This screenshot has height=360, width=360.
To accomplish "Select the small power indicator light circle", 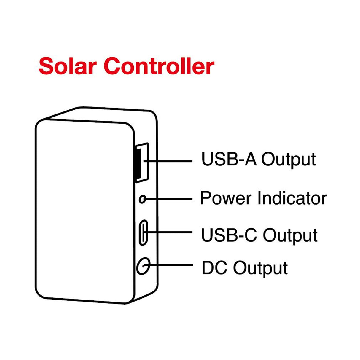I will (x=143, y=199).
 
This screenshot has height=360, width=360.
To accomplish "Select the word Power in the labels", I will (x=226, y=198).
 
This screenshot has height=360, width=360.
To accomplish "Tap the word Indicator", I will (x=292, y=198).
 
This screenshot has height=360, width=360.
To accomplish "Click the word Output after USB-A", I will (x=289, y=159).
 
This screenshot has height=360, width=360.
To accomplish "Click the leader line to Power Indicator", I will (x=171, y=199).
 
